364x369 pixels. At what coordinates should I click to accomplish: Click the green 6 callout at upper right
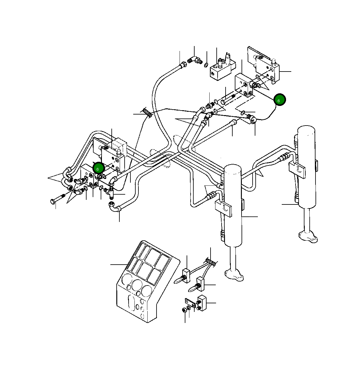tap(279, 100)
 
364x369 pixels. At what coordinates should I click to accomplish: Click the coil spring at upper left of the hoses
tap(147, 112)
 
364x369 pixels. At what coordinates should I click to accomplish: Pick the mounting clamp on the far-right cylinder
tap(297, 169)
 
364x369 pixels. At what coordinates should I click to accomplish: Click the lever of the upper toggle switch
tap(179, 280)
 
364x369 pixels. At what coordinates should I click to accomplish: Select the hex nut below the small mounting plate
tap(184, 310)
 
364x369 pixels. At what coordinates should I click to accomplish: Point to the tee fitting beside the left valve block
tap(110, 192)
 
